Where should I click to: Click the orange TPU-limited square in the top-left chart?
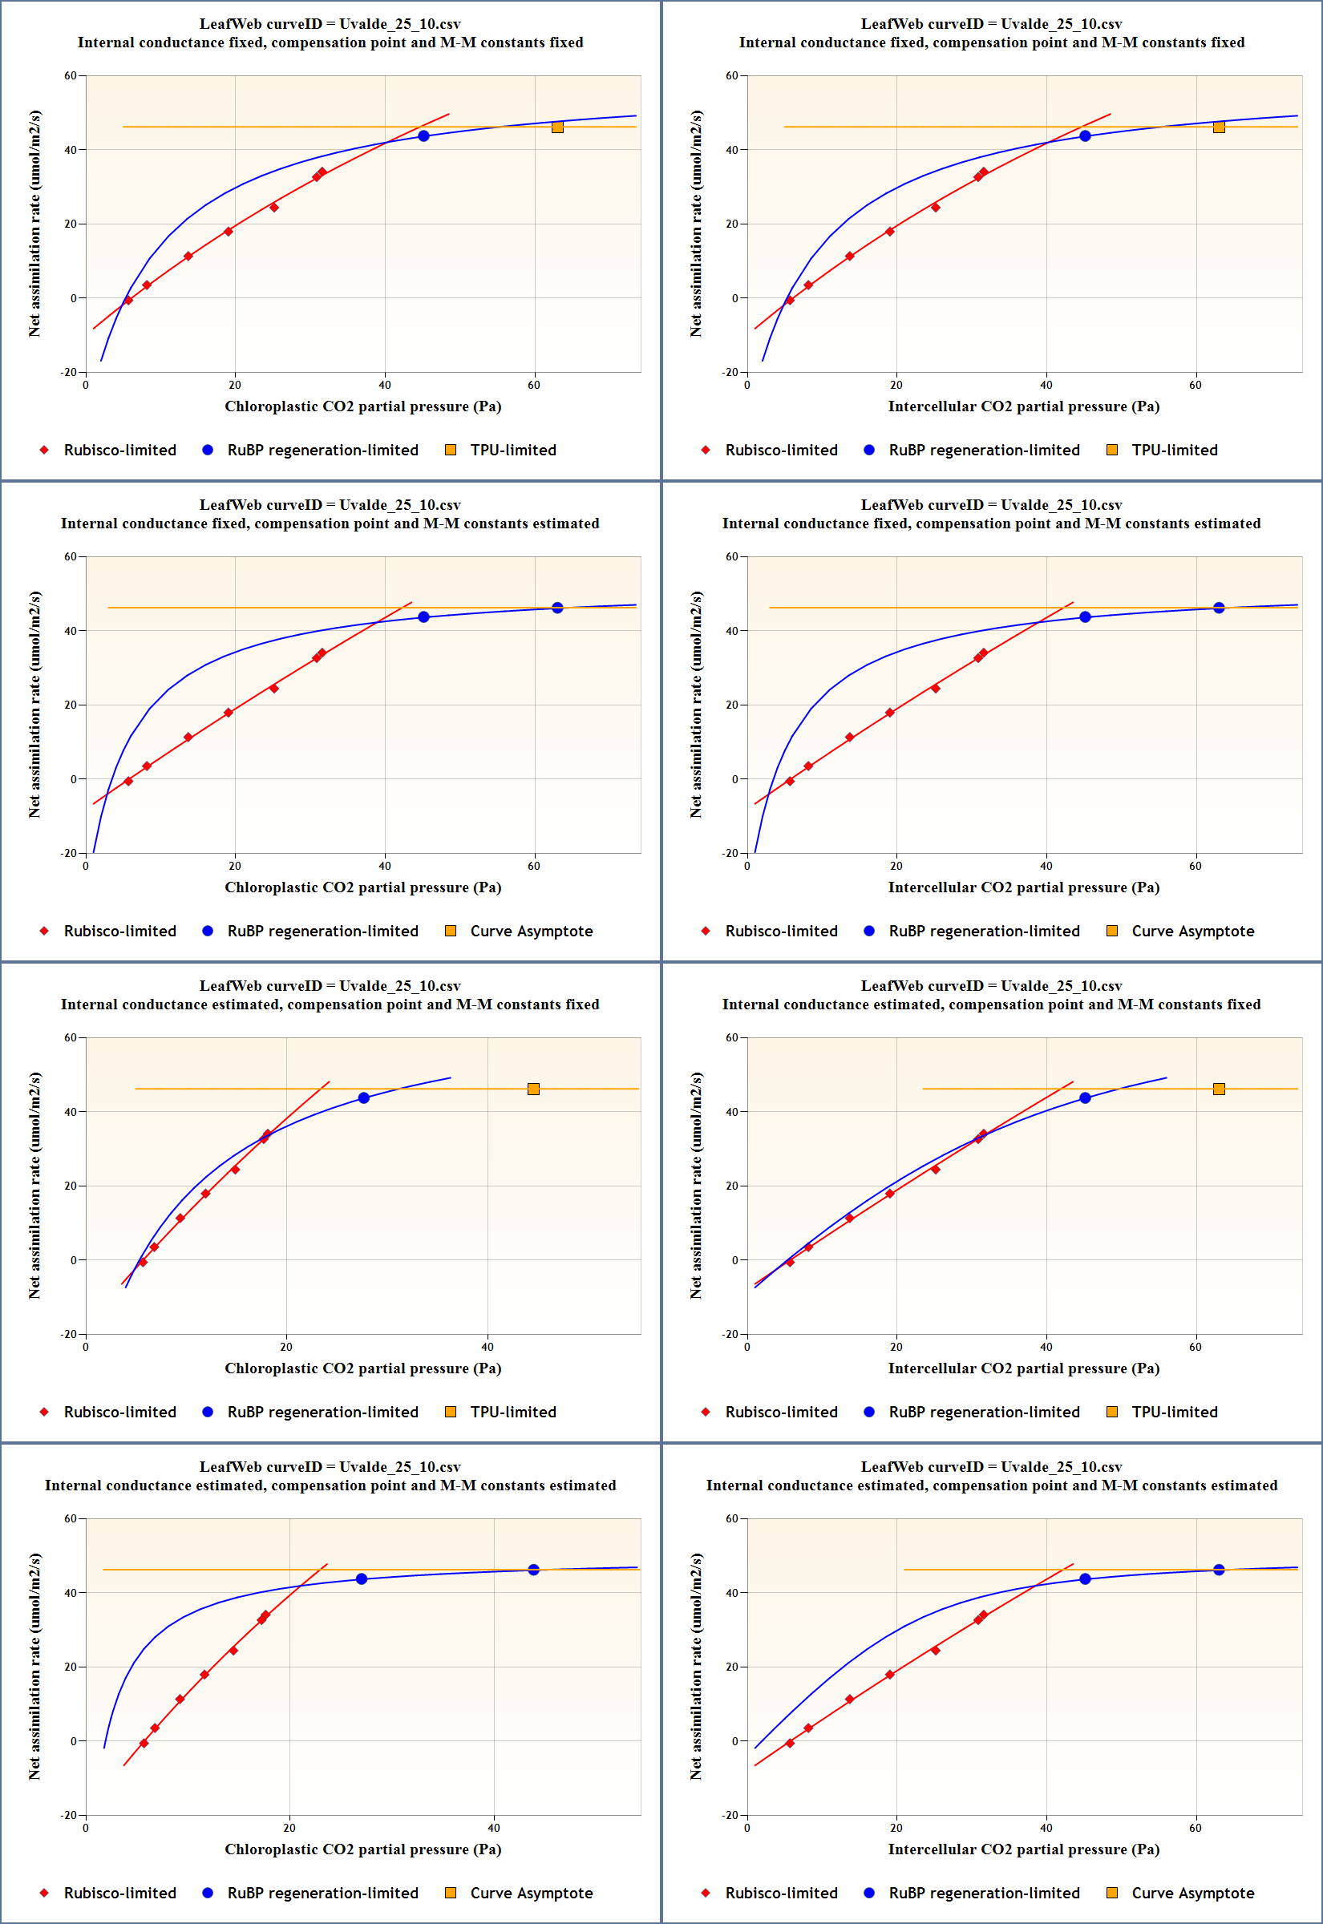557,127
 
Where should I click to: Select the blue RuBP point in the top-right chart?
1084,136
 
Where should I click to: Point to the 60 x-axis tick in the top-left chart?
534,385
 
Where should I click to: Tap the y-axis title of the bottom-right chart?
695,1666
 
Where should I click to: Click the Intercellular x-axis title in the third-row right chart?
1023,1368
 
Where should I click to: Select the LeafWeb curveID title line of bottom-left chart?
330,1466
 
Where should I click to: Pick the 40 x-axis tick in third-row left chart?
488,1347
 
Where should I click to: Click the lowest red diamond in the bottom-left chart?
144,1744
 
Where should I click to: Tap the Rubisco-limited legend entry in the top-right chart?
781,450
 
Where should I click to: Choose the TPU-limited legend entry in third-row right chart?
1174,1412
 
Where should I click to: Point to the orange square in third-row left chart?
533,1089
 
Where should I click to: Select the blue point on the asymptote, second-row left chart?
557,608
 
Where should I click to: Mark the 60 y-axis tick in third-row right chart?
731,1037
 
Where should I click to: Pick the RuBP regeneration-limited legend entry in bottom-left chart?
322,1893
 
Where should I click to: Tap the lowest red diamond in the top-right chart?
789,300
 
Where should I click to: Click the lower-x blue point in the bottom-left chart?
362,1578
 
